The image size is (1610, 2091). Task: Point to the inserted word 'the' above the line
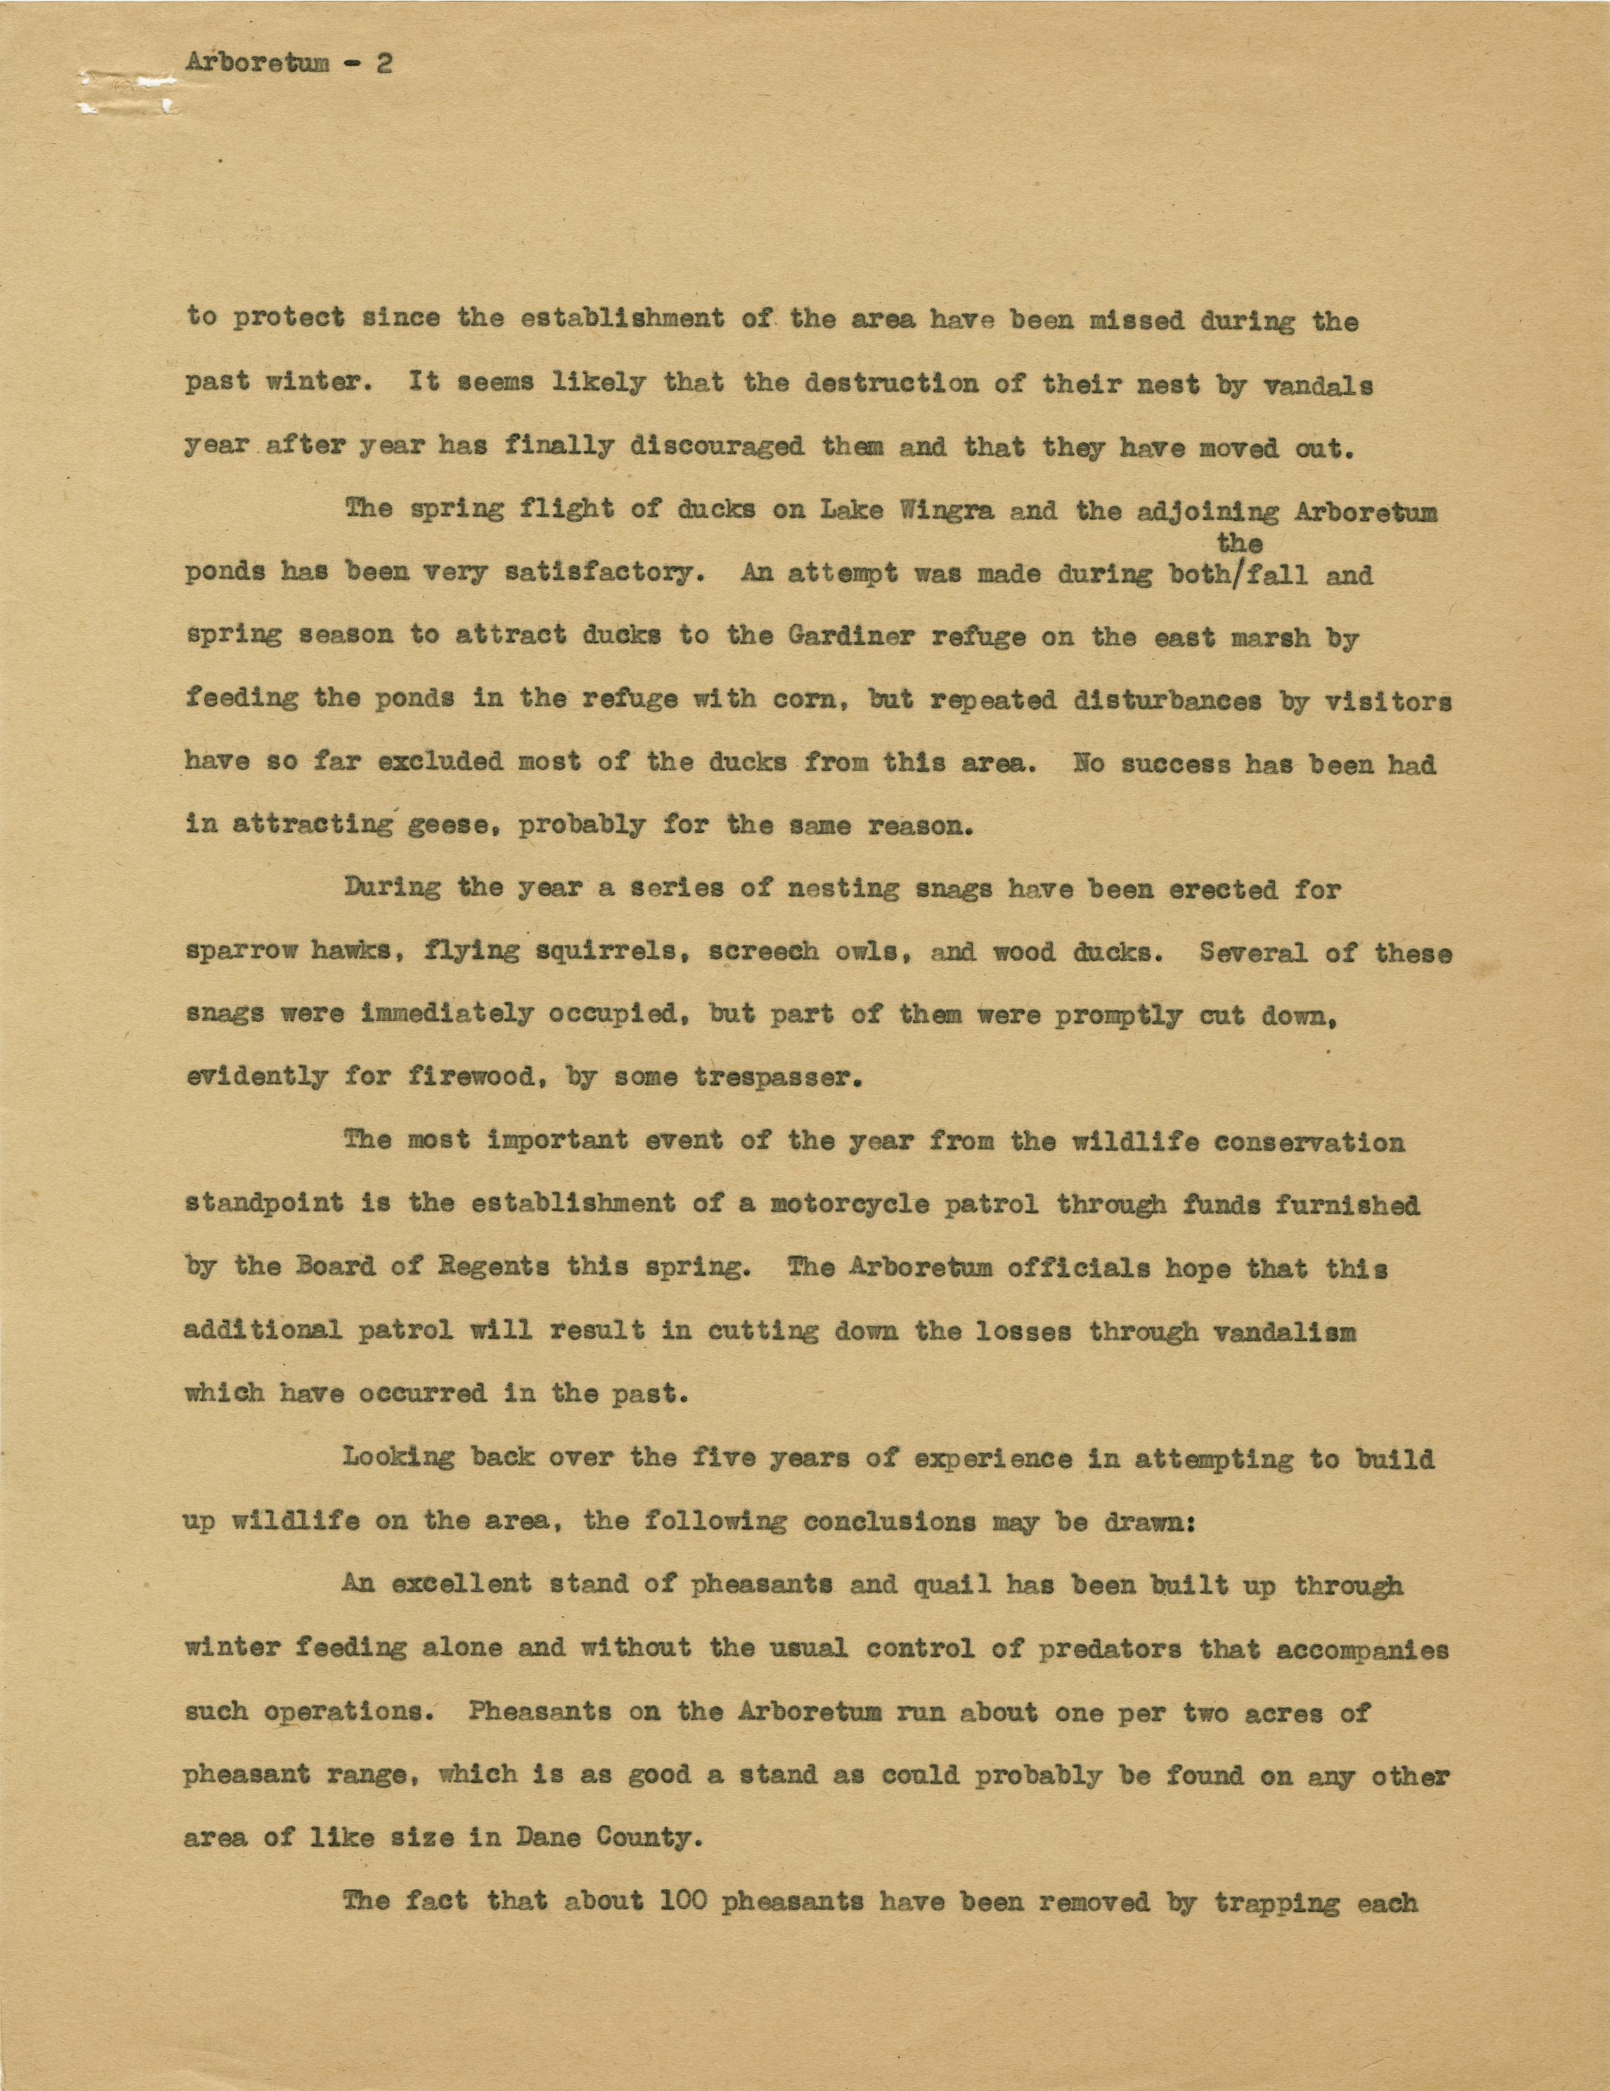pos(1239,543)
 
